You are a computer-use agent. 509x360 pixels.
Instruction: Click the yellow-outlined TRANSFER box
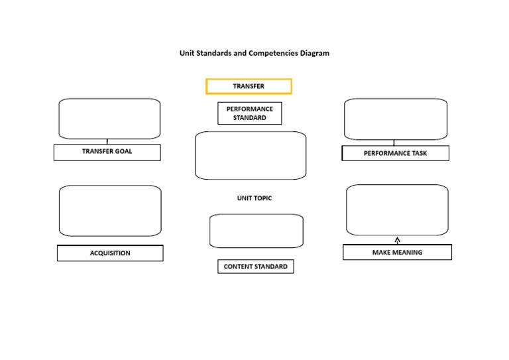tap(249, 86)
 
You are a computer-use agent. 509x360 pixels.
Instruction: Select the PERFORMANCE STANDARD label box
tap(249, 113)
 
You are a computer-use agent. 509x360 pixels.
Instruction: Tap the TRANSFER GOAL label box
tap(107, 152)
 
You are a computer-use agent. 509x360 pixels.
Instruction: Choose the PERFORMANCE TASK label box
tap(395, 153)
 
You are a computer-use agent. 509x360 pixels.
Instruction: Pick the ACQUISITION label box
tap(110, 253)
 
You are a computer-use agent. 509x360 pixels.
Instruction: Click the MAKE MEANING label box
tap(397, 253)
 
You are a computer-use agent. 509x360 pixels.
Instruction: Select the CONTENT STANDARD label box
tap(255, 267)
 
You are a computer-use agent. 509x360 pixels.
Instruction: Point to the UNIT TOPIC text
tap(254, 198)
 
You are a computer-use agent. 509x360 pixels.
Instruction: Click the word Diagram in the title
tap(313, 53)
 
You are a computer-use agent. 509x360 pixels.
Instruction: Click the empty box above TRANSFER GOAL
tap(109, 119)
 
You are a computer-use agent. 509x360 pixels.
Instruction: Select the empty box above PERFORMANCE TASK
tap(396, 119)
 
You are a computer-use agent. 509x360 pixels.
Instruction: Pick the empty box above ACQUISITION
tap(110, 211)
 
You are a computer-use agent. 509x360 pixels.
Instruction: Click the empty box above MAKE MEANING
tap(397, 210)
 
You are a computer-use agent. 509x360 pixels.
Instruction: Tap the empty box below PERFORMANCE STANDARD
tap(251, 155)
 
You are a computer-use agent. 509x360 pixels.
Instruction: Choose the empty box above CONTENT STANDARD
tap(256, 231)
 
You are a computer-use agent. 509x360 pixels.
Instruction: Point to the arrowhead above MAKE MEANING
tap(398, 239)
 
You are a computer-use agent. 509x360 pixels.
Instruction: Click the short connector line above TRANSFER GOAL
tap(107, 141)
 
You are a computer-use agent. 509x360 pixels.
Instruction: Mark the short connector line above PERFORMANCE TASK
tap(394, 143)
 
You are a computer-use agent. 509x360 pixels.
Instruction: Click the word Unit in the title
tap(186, 53)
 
